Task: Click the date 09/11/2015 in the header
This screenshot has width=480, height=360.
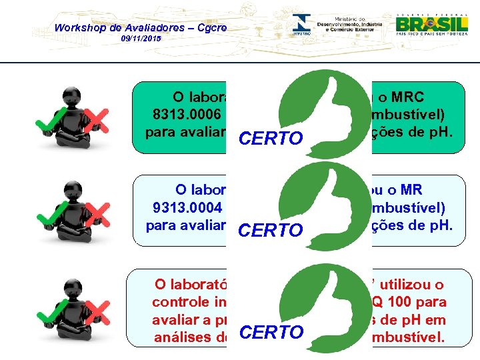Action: pyautogui.click(x=141, y=40)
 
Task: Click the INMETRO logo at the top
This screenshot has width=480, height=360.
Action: pyautogui.click(x=303, y=25)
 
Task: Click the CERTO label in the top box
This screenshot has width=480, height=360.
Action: pyautogui.click(x=270, y=139)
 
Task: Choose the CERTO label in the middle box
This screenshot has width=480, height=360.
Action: pyautogui.click(x=270, y=231)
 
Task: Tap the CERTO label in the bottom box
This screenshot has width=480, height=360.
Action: pyautogui.click(x=270, y=332)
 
